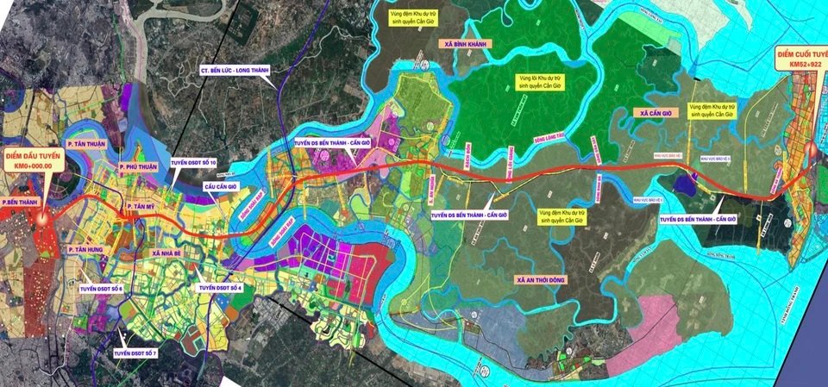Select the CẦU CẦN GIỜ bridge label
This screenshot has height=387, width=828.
221,185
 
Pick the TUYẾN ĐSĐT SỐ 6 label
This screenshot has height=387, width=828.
102,288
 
